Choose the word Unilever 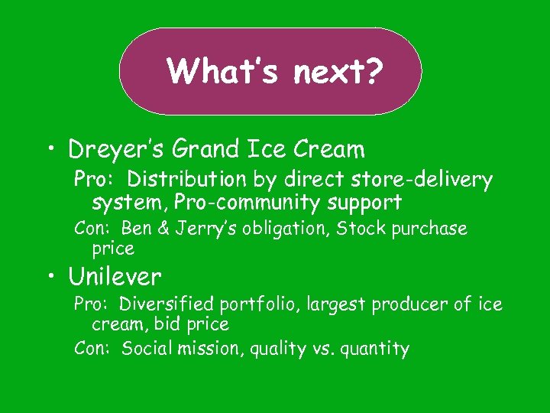pyautogui.click(x=115, y=275)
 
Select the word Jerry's pyautogui.click(x=208, y=229)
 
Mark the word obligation pyautogui.click(x=287, y=229)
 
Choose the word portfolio pyautogui.click(x=261, y=304)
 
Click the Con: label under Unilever pyautogui.click(x=94, y=350)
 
